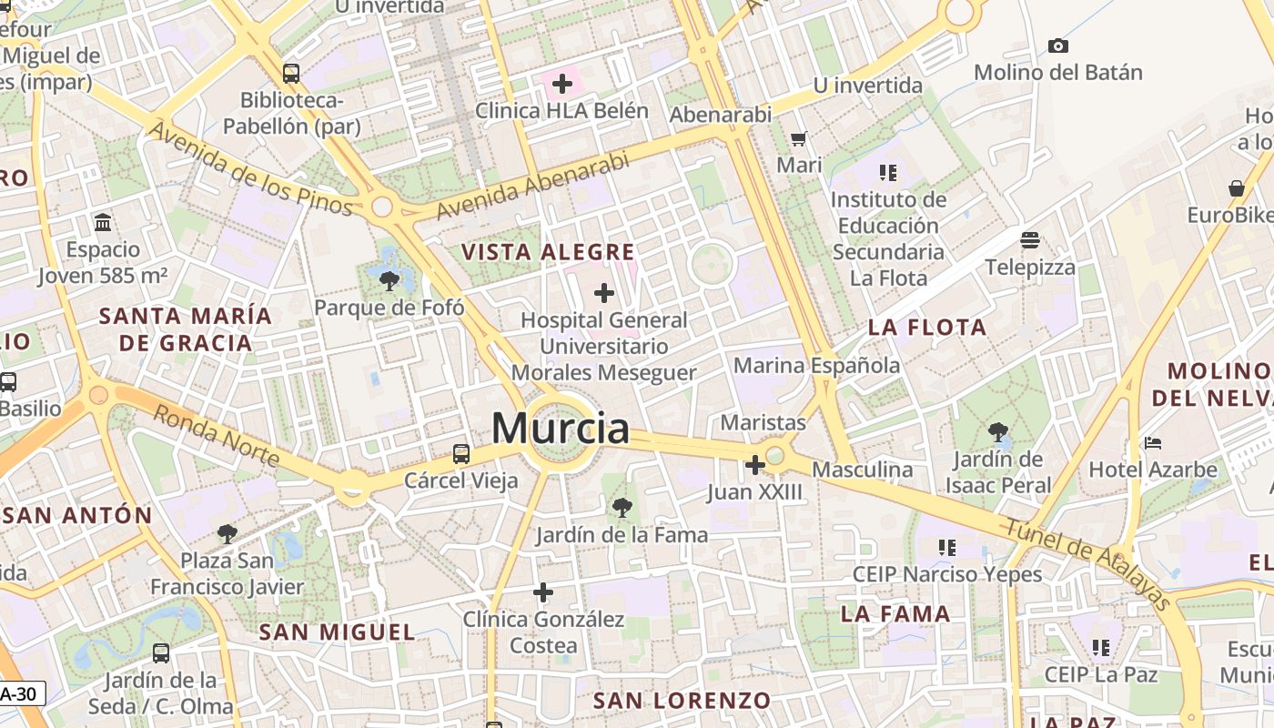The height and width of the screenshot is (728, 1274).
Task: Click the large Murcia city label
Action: click(x=561, y=429)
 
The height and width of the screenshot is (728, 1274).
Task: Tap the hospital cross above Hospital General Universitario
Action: click(x=603, y=293)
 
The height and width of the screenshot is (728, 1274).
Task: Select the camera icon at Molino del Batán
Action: click(x=1057, y=45)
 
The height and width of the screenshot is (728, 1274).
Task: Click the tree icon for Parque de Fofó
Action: click(x=389, y=280)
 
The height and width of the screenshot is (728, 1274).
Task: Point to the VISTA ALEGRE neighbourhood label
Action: click(x=548, y=252)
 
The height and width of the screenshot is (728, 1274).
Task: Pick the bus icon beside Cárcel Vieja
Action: click(x=461, y=453)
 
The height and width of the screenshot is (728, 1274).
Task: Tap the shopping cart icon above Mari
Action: click(x=799, y=139)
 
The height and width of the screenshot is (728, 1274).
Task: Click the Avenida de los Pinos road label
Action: click(x=249, y=168)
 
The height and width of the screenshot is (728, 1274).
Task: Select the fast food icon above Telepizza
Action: click(x=1030, y=240)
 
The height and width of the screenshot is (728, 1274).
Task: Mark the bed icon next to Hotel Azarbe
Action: click(x=1153, y=443)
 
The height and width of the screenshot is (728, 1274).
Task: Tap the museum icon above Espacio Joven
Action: click(x=103, y=222)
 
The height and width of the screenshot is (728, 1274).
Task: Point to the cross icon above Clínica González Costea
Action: click(x=543, y=592)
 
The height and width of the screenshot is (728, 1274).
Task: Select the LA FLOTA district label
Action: click(x=927, y=328)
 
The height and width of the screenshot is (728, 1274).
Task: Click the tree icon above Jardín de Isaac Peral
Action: click(x=998, y=431)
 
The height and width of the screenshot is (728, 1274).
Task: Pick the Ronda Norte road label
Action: click(x=216, y=435)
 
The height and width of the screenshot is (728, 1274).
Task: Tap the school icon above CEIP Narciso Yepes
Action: click(x=947, y=547)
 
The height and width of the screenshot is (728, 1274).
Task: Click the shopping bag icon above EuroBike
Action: click(x=1237, y=188)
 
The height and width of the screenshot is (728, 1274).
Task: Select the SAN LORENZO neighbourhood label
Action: click(x=682, y=701)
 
